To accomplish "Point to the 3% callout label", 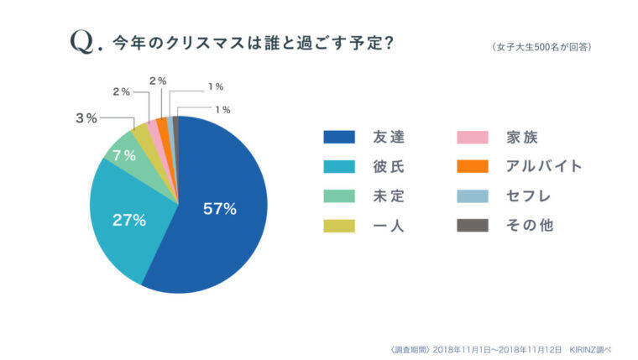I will pos(86,118).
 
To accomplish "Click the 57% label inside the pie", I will pos(220,209).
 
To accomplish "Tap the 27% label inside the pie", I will pos(129,221).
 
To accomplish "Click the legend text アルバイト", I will pos(544,166).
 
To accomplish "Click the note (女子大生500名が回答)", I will pos(541,47).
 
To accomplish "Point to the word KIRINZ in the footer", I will pos(585,347).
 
